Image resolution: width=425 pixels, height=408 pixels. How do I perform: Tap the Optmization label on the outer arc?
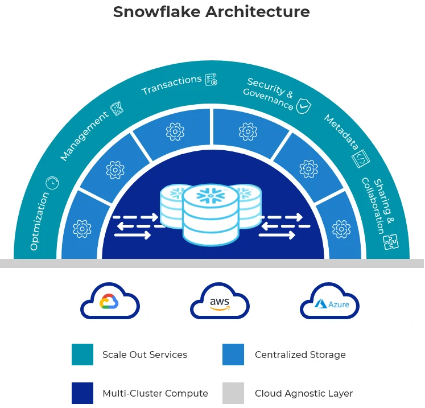coord(40,221)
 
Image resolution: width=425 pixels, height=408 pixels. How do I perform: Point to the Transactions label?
coord(171,85)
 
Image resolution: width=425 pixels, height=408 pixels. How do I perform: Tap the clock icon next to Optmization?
coord(52,183)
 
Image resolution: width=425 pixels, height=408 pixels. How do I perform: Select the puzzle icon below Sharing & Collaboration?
coord(390,242)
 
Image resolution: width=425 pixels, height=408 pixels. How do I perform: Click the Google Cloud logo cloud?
coord(109,302)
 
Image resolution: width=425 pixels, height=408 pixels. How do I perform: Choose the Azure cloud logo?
coord(330,303)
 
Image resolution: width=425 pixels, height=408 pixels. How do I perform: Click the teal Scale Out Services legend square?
coord(82,355)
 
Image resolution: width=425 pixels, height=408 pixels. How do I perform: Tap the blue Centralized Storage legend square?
coord(233,355)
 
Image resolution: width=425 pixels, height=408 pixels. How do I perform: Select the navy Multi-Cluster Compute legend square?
coord(82,393)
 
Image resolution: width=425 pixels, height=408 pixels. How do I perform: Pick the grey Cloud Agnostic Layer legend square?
coord(233,393)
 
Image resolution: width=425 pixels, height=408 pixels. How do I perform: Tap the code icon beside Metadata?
coord(361,159)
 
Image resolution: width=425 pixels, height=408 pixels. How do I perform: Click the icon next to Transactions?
coord(211,80)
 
